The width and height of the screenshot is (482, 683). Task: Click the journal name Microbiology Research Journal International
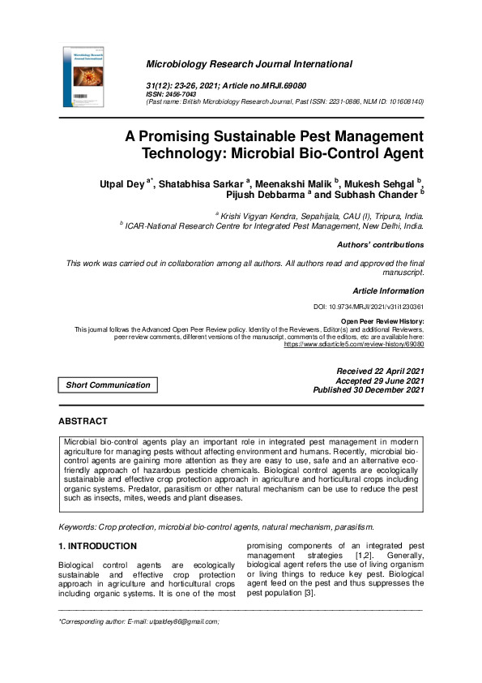click(248, 64)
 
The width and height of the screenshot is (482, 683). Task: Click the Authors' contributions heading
click(380, 244)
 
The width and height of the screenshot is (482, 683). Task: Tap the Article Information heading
click(388, 290)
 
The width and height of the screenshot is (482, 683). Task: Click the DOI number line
click(369, 307)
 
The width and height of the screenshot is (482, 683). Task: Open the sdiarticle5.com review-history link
click(354, 344)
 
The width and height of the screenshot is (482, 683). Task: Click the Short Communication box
click(108, 385)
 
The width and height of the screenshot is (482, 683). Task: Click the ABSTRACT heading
click(83, 422)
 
